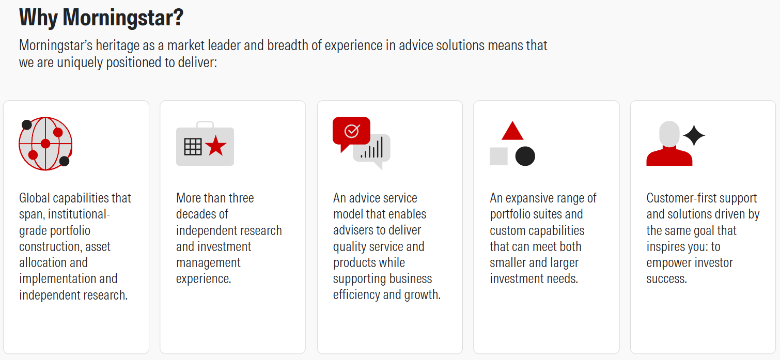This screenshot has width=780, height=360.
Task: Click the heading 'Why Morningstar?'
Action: (101, 18)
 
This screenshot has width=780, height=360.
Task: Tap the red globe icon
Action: (45, 144)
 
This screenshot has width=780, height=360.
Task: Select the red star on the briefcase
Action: (216, 146)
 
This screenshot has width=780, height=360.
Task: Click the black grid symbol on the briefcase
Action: (193, 147)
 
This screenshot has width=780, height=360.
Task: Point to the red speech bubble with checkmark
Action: (351, 132)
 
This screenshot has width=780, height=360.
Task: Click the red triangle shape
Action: (512, 131)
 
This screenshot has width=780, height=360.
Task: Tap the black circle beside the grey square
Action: (525, 156)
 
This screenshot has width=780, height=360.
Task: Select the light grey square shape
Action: (498, 156)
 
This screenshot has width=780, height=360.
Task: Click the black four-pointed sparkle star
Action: (694, 135)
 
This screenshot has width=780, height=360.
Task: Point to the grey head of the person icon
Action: (669, 134)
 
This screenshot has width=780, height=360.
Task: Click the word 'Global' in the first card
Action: (35, 198)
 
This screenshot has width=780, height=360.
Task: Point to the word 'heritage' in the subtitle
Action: (125, 45)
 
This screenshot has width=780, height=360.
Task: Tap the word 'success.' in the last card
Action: (667, 279)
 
